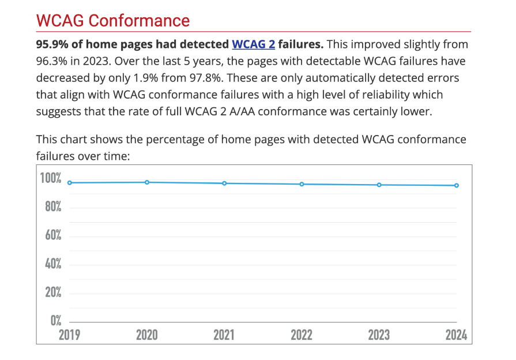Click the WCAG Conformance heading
[112, 21]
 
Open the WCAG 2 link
[253, 44]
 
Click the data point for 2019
[70, 183]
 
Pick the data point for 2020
[147, 182]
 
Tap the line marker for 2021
[224, 183]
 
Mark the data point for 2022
[302, 184]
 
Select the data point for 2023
[379, 185]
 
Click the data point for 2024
[457, 185]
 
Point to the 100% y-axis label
[50, 178]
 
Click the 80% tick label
[53, 207]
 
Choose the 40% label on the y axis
[53, 264]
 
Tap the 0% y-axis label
[56, 320]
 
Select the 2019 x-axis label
[70, 335]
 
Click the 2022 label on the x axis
[302, 335]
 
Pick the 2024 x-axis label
[456, 335]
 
